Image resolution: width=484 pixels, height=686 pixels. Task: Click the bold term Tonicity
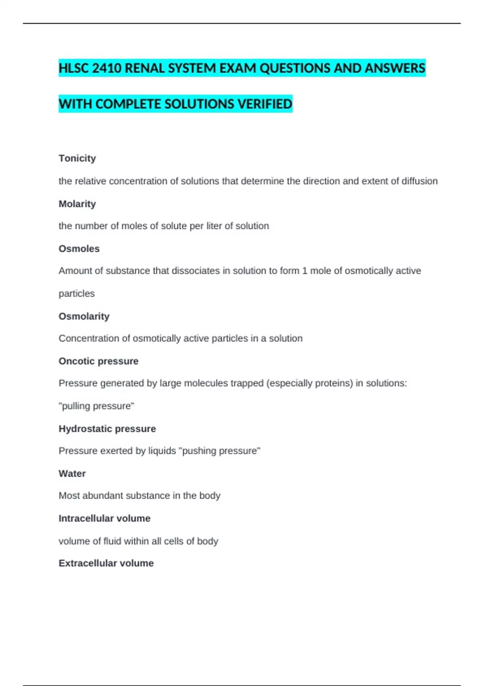pyautogui.click(x=77, y=158)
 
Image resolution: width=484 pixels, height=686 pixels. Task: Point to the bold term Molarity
pyautogui.click(x=77, y=204)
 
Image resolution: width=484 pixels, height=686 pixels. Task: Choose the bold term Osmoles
pyautogui.click(x=79, y=249)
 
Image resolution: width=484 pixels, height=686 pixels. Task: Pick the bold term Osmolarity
pyautogui.click(x=84, y=316)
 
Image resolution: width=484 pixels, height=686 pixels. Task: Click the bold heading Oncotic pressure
pyautogui.click(x=98, y=361)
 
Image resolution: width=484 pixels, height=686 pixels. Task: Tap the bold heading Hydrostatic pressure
pyautogui.click(x=107, y=429)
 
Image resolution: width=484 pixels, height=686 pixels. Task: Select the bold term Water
pyautogui.click(x=72, y=473)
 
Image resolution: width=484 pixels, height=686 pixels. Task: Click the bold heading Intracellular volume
pyautogui.click(x=104, y=518)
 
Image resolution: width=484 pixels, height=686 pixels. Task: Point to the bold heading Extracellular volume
pyautogui.click(x=106, y=563)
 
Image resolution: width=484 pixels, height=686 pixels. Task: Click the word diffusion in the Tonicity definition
pyautogui.click(x=419, y=181)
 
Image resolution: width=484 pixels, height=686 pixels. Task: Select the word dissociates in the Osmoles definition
pyautogui.click(x=196, y=271)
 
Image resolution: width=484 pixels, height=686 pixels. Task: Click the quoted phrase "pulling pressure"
pyautogui.click(x=96, y=406)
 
